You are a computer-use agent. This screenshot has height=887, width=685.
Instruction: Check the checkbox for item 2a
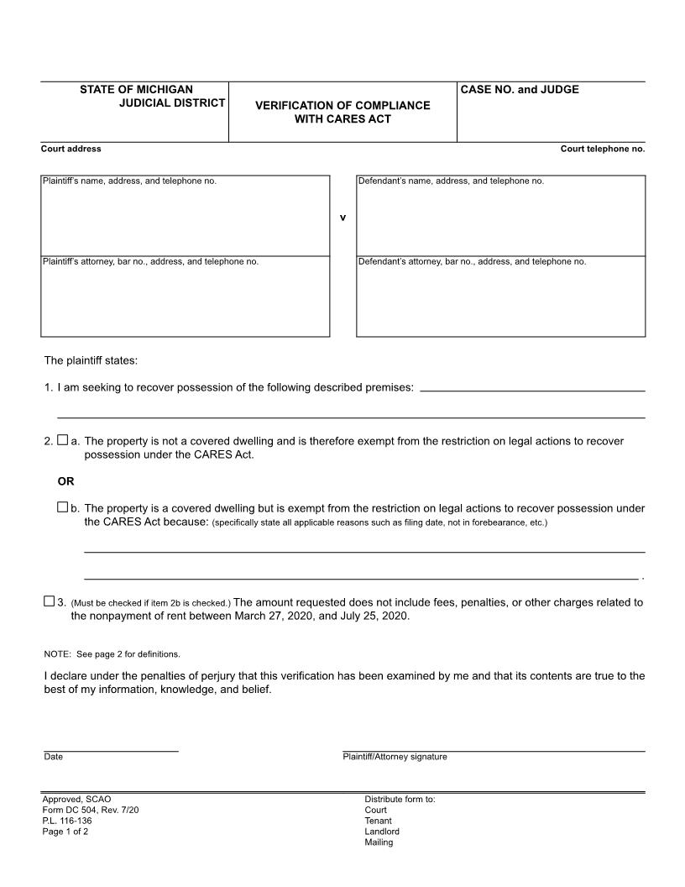click(63, 440)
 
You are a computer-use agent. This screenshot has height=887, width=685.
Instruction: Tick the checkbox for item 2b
click(63, 507)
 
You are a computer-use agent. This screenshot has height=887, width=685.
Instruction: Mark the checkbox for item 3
click(49, 601)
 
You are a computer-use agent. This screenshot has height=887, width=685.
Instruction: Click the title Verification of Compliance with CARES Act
click(342, 112)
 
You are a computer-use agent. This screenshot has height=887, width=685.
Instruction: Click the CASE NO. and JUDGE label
click(519, 90)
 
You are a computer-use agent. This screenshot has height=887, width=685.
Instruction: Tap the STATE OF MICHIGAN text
click(136, 90)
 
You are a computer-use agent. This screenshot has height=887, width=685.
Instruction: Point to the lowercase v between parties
click(342, 218)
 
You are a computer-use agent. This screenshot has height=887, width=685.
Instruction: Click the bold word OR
click(65, 481)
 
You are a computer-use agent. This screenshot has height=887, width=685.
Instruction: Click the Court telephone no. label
click(603, 149)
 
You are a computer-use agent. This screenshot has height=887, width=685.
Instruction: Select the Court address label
click(71, 149)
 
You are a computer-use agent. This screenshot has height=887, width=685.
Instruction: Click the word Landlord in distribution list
click(382, 832)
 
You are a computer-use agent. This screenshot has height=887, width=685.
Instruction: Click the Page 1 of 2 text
click(65, 832)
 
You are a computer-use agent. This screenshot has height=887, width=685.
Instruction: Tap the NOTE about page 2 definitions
click(112, 653)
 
